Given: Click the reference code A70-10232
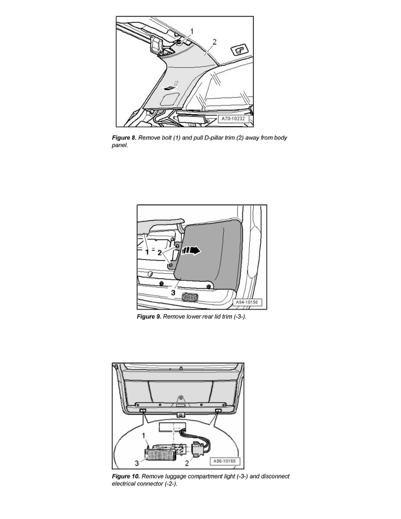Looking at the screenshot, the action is (233, 118).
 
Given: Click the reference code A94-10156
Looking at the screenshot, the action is (246, 302).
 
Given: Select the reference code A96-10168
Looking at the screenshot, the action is (225, 461).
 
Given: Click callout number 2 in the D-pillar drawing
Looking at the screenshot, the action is (214, 42).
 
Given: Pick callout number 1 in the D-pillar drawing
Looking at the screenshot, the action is (192, 31).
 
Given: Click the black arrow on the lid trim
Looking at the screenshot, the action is (191, 251).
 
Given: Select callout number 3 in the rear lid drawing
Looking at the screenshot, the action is (173, 293).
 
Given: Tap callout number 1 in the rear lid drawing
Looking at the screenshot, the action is (147, 252).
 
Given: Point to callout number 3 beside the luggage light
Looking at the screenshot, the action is (136, 463).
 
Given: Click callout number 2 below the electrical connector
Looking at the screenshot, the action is (187, 463).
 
